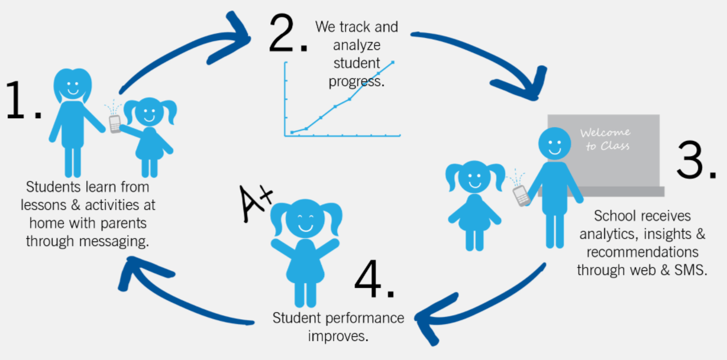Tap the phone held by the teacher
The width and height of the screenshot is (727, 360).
point(521,194)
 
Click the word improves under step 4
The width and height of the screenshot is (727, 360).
point(338,336)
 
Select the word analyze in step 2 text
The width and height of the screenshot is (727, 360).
point(357,45)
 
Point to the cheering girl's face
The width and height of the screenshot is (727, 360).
point(306,220)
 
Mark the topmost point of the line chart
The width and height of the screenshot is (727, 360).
point(393,62)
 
